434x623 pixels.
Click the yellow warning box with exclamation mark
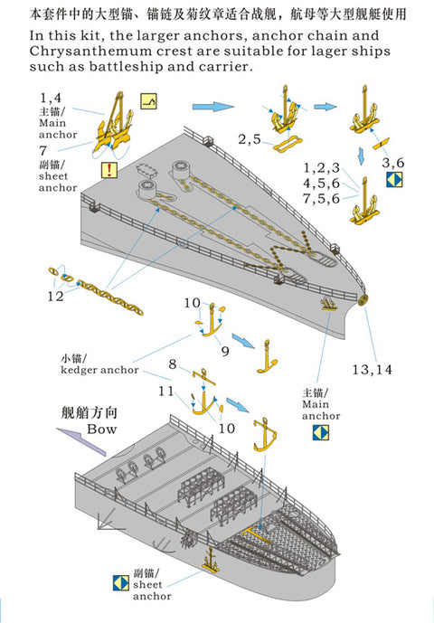point(109,170)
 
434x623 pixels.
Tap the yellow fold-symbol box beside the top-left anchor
point(148,101)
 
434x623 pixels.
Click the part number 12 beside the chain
point(55,296)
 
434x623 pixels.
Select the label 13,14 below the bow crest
point(372,370)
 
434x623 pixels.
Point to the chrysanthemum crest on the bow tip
point(363,301)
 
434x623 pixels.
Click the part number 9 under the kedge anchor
point(225,351)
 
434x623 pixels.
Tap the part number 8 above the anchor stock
point(173,364)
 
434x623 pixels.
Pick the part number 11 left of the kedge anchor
point(166,392)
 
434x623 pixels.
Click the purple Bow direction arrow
point(81,440)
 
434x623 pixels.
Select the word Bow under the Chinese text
point(102,429)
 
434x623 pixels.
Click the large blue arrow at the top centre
point(213,107)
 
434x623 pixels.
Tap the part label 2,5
point(250,139)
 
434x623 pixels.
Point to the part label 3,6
point(392,163)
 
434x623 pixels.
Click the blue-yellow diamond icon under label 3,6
point(394,180)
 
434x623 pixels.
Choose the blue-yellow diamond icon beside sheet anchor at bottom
point(121,582)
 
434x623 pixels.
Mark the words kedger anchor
point(99,370)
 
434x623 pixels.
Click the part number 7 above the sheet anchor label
point(42,151)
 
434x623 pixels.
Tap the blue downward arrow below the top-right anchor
point(361,156)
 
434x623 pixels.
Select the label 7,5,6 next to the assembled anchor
point(322,199)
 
